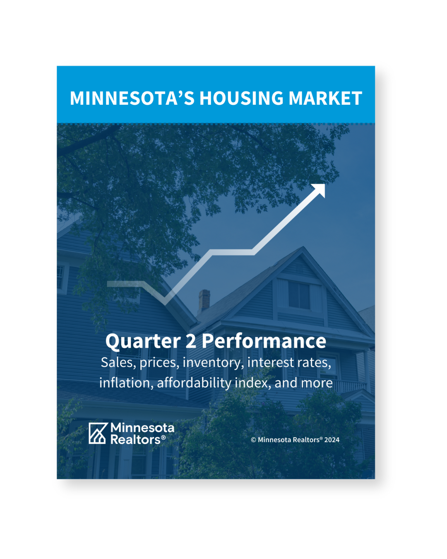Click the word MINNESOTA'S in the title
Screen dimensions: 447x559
[132, 98]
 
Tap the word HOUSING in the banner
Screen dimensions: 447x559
[241, 98]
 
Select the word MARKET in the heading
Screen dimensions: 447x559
[325, 98]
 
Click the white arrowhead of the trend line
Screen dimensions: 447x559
[318, 190]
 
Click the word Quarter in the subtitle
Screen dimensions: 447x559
[143, 341]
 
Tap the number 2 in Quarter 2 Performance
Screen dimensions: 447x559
[191, 341]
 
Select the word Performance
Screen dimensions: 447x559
[264, 341]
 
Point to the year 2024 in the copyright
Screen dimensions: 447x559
[332, 440]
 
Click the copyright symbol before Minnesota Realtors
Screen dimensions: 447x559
[253, 440]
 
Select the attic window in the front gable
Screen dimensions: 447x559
[299, 295]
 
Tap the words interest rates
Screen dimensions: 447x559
[289, 363]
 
